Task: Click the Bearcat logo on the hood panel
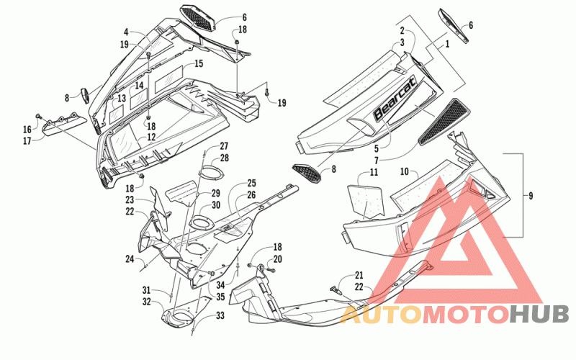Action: tap(395, 98)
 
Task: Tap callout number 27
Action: tap(224, 146)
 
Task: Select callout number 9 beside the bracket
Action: tap(531, 196)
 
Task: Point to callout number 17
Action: tap(27, 140)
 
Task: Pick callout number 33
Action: tap(220, 315)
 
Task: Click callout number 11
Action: tap(374, 172)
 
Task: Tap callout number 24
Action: tap(130, 259)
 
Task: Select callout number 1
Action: tap(447, 44)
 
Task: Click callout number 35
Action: tap(220, 297)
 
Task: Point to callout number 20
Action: tap(278, 259)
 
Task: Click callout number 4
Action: tap(126, 32)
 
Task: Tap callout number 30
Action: tap(216, 205)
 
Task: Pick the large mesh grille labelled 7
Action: tap(444, 121)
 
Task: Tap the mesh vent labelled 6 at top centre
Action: tap(197, 19)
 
